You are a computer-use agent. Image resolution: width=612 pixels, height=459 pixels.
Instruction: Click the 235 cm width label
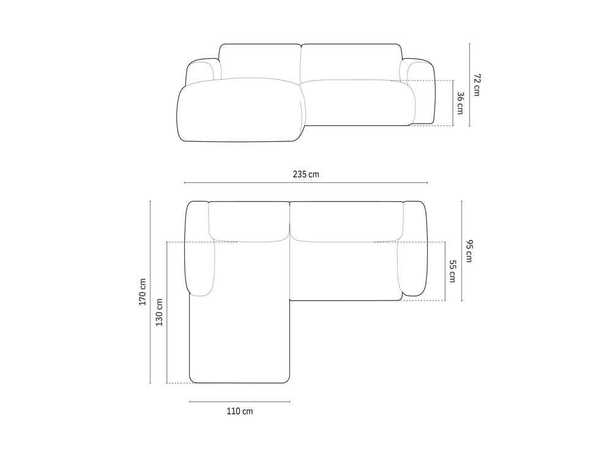pos(305,174)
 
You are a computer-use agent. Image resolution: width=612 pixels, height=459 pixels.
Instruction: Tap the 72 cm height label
pos(477,84)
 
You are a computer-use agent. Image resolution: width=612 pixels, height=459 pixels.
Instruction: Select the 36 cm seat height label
pos(460,103)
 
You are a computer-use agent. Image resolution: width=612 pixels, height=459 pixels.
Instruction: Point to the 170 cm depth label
pos(142,292)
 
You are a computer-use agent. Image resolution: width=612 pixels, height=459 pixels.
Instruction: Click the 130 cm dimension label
pos(159,313)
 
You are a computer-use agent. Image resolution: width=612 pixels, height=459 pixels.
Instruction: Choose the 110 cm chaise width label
pos(240,411)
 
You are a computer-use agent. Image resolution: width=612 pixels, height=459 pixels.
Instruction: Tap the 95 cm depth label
pos(469,251)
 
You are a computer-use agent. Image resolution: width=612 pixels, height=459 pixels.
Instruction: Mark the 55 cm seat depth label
pos(452,271)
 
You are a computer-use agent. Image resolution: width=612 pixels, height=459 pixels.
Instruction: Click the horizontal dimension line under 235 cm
pos(306,182)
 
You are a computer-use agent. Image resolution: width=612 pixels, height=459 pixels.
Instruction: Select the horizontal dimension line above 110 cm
pos(240,401)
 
